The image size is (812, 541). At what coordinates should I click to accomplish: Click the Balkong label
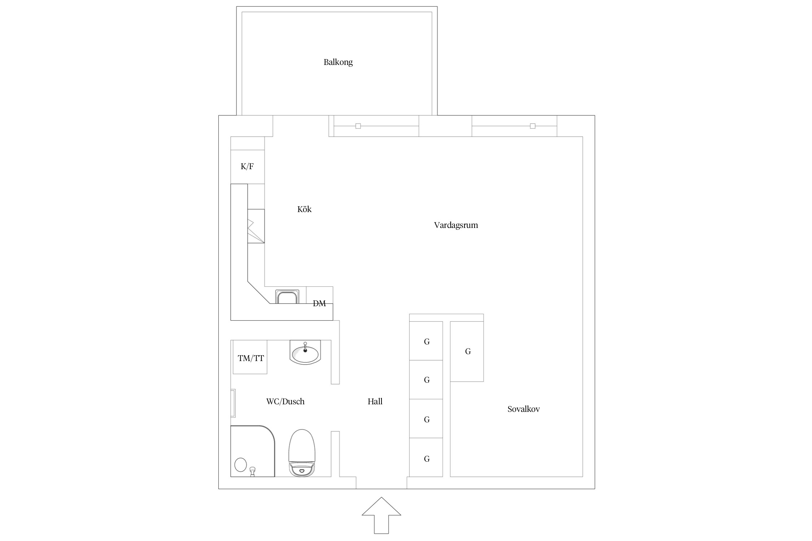(338, 62)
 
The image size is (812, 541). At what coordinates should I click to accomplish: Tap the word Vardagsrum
(456, 225)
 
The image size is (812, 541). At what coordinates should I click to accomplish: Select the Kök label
(304, 209)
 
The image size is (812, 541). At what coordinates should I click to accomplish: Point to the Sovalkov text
(523, 409)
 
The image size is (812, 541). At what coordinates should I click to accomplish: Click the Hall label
(375, 401)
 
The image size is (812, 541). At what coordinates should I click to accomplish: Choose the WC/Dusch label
(285, 401)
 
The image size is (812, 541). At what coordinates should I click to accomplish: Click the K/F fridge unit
(248, 167)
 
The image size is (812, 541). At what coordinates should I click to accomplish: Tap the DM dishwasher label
(319, 304)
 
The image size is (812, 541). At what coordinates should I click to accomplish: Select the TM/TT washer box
(250, 357)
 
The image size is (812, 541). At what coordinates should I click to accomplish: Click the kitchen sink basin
(287, 297)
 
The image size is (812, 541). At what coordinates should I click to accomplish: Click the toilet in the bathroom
(302, 453)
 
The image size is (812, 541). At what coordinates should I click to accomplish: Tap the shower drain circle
(240, 465)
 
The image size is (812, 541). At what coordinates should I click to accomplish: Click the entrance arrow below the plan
(381, 515)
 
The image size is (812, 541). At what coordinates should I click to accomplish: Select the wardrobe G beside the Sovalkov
(467, 351)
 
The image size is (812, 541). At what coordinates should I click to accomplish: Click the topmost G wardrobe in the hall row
(426, 341)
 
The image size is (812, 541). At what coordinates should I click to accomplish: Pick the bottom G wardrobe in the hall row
(426, 457)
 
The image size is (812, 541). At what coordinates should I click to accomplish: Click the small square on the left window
(358, 126)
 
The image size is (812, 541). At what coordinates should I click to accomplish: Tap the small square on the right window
(533, 126)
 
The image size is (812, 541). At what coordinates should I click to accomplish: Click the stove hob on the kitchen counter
(256, 226)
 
